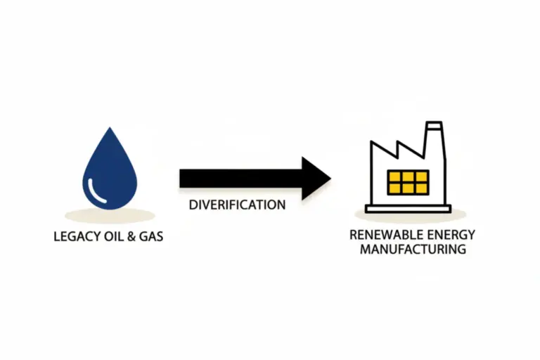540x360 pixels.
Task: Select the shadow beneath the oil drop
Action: click(109, 214)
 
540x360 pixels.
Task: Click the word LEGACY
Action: click(75, 237)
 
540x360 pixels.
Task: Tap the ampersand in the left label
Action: click(132, 237)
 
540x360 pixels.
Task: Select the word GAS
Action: click(151, 237)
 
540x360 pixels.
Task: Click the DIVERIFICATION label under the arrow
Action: click(237, 205)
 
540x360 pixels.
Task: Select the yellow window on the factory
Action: click(408, 181)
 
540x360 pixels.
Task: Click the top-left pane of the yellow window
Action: click(395, 176)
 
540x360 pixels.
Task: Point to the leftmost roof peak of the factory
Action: click(372, 144)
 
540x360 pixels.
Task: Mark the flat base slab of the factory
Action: click(408, 208)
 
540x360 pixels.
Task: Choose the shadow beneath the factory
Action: click(408, 214)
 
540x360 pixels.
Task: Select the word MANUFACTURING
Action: click(413, 250)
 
